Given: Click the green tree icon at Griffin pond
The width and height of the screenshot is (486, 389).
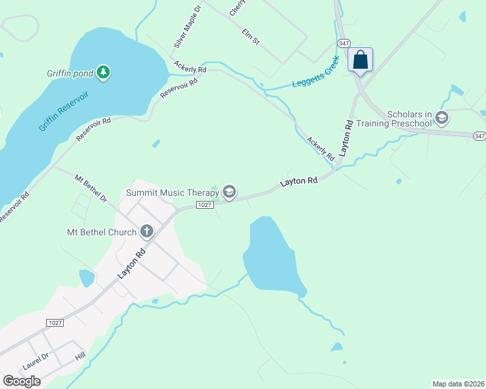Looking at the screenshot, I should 103,73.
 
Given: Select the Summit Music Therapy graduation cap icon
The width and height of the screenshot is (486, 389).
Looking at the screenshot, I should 229,192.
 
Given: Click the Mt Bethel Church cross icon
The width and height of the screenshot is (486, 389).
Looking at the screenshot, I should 147,231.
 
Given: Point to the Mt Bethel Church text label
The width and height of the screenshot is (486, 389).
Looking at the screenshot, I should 102,232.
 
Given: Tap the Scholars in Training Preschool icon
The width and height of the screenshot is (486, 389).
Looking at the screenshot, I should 442,118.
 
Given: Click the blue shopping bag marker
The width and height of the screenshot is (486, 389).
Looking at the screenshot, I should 360,60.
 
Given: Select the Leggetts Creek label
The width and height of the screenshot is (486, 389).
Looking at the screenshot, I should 316,77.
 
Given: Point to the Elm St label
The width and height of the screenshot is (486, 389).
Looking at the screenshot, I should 251,36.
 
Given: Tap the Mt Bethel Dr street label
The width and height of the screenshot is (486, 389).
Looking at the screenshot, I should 90,188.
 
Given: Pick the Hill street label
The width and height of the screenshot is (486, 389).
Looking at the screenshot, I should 80,357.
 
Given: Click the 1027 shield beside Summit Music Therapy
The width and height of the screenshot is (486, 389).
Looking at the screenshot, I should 204,205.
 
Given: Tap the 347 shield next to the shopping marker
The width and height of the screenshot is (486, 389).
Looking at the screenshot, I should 344,43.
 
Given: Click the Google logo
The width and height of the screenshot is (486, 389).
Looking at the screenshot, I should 21,381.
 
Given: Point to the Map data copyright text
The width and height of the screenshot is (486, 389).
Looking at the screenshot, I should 458,383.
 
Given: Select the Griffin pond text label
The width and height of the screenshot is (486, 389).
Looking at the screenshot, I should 70,73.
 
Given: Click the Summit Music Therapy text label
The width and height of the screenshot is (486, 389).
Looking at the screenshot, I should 172,193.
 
